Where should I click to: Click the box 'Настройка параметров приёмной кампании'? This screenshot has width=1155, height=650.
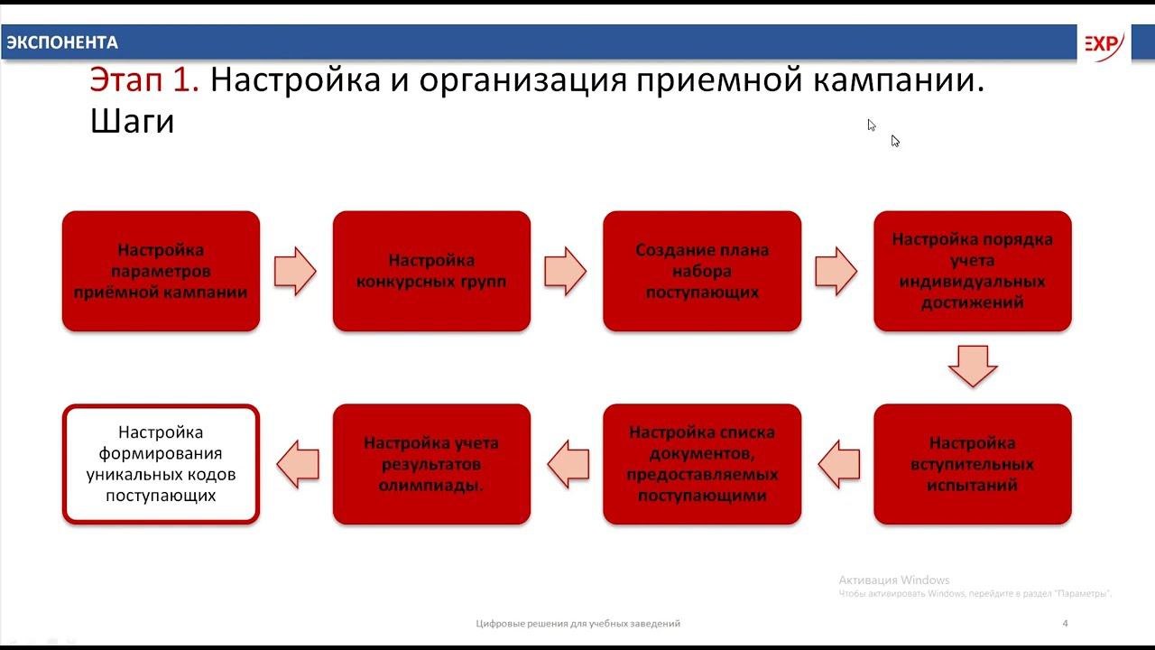coord(161,271)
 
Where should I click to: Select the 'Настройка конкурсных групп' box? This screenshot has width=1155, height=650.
coord(431,271)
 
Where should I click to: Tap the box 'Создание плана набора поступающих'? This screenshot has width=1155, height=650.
coord(702,271)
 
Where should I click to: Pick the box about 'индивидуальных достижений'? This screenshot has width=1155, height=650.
coord(972,271)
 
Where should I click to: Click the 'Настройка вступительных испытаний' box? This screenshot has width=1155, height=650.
coord(972,464)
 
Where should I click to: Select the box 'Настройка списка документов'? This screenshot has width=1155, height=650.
coord(702,464)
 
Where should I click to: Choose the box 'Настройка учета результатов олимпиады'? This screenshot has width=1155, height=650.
coord(431,464)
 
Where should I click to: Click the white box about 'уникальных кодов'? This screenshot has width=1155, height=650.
coord(161,464)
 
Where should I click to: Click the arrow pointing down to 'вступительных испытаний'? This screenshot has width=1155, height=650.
coord(972,365)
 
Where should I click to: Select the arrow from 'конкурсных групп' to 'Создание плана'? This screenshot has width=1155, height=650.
coord(566,271)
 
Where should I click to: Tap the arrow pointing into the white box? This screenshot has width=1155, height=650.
coord(297,464)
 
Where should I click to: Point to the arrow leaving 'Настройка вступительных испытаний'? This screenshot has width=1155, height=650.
coord(838,464)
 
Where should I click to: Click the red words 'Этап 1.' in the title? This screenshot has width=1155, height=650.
coord(144,80)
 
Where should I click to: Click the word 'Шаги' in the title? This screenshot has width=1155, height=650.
coord(132,121)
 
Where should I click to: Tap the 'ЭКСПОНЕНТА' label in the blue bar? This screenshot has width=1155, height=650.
coord(61,42)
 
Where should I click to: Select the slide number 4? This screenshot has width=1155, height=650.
coord(1066,623)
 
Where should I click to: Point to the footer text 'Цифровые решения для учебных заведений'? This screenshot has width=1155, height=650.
coord(577,623)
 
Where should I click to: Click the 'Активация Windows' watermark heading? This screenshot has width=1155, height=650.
coord(894,580)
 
